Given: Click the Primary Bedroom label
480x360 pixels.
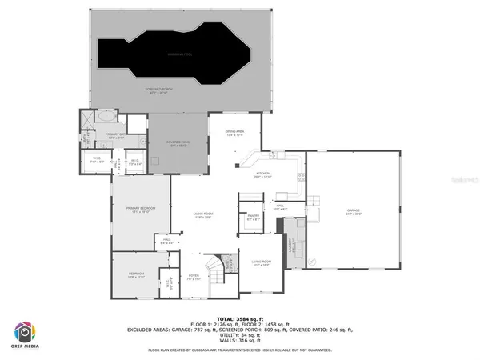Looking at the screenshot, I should [140, 208].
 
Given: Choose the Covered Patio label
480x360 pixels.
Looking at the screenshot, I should [178, 143].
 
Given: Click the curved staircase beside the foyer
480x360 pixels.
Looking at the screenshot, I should [214, 267].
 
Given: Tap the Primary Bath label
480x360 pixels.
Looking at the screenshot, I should [115, 135].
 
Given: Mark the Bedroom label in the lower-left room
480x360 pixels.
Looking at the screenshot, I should [136, 274].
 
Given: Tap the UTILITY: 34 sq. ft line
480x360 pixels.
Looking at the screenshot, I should [240, 334].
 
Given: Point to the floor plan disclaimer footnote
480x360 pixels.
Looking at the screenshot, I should [240, 350].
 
